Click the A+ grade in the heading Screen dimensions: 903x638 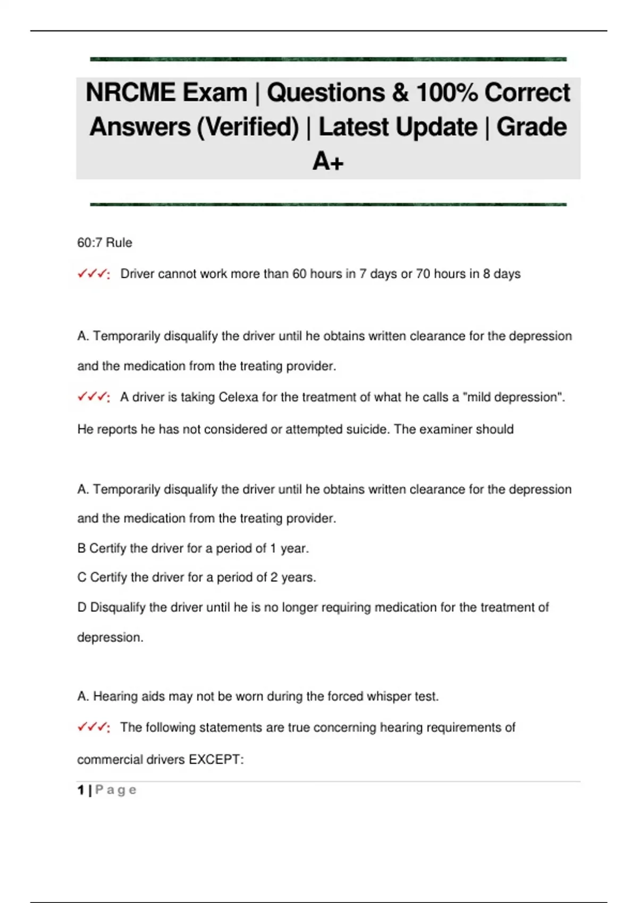pos(328,161)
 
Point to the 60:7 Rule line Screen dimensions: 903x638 pos(105,243)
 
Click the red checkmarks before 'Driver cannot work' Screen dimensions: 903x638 pos(94,274)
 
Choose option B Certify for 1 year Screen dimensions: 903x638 pos(193,548)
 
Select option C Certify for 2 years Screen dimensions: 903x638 pos(197,577)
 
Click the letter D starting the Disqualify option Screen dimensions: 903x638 pos(82,607)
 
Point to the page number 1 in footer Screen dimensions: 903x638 pos(81,790)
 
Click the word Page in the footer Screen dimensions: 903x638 pos(116,790)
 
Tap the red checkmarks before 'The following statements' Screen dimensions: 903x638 pos(94,727)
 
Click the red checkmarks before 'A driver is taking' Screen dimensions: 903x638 pos(94,397)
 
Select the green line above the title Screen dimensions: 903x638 pos(328,59)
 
